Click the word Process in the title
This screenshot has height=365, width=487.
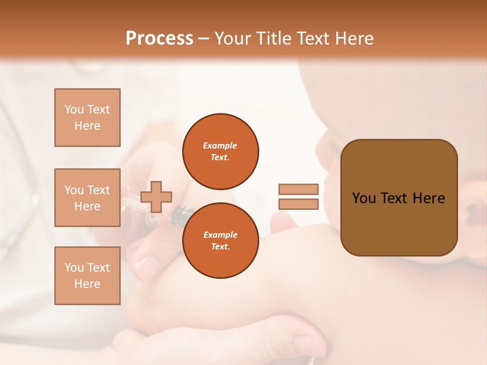coord(159,39)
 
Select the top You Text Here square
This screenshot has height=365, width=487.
coord(87,118)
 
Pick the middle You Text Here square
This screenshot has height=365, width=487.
coord(87,198)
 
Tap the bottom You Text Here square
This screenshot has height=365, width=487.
coord(87,276)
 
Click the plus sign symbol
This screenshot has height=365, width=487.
coord(156,197)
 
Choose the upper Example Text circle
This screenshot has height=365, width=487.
coord(220,151)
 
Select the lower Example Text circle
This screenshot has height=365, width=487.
coord(220,241)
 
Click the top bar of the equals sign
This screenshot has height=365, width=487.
coord(298,190)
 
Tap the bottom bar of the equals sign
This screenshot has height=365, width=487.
coord(298,204)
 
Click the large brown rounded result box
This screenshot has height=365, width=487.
coord(399,223)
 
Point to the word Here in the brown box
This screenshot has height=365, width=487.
coord(429,198)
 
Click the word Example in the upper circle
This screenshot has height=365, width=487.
coord(220,145)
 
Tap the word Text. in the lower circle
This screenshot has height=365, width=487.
coord(220,246)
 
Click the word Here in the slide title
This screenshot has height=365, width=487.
coord(354,39)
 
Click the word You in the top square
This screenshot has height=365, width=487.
coord(74,109)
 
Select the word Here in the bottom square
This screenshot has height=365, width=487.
coord(87,284)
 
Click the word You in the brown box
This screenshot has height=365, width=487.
coord(364,198)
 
